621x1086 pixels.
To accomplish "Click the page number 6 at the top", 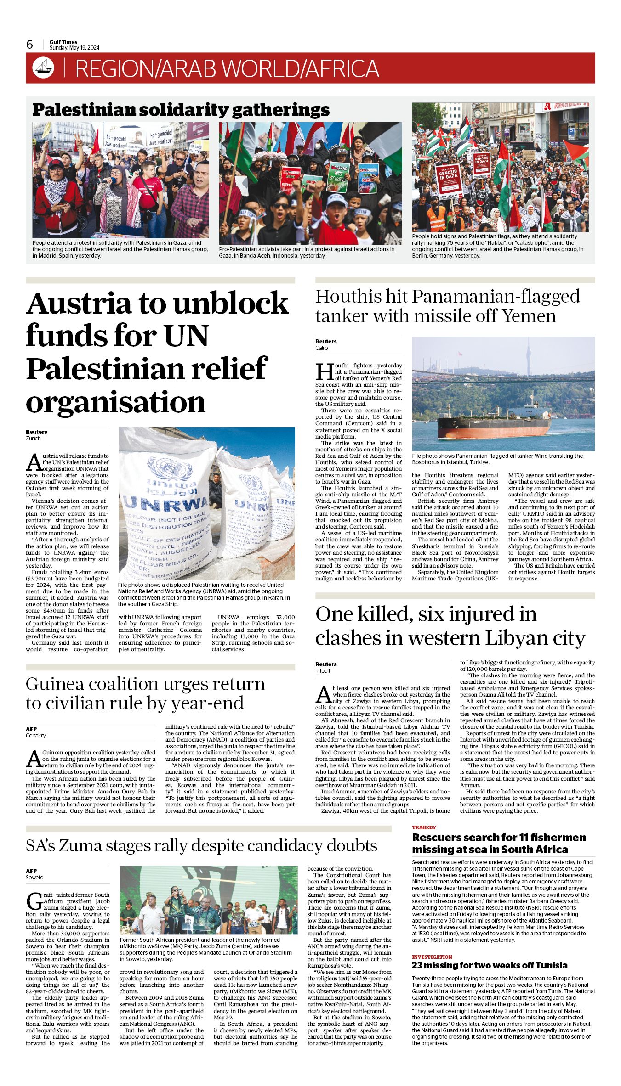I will pyautogui.click(x=30, y=45).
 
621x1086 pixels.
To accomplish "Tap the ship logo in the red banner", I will pyautogui.click(x=43, y=68).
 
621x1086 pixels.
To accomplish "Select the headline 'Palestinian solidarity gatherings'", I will pyautogui.click(x=181, y=110).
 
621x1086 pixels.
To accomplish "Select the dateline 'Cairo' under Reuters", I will pyautogui.click(x=321, y=348).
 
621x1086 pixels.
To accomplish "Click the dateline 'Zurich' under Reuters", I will pyautogui.click(x=33, y=439).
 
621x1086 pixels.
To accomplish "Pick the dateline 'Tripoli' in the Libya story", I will pyautogui.click(x=323, y=671).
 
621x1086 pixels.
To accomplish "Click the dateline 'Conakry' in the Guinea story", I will pyautogui.click(x=36, y=736).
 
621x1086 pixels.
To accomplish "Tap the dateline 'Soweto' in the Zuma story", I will pyautogui.click(x=34, y=878).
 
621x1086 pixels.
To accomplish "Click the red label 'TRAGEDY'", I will pyautogui.click(x=424, y=827).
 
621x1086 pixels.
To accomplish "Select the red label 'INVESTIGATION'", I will pyautogui.click(x=432, y=957).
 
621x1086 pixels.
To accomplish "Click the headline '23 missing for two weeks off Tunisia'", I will pyautogui.click(x=490, y=965).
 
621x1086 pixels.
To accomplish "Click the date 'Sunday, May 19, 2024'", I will pyautogui.click(x=74, y=48).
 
